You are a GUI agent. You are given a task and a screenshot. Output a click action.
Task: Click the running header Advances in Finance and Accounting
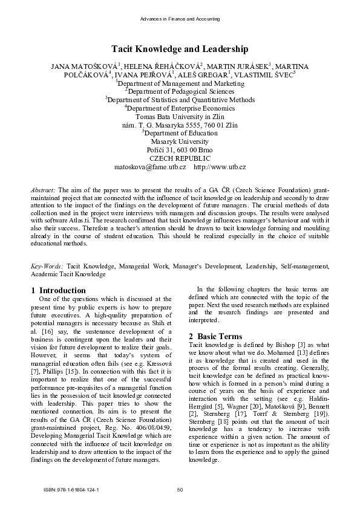point(180,19)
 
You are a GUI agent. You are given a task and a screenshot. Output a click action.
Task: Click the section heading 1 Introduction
point(58,290)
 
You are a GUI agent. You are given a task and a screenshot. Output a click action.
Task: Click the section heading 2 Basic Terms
point(215,336)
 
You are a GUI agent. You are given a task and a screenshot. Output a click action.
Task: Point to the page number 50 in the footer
point(180,490)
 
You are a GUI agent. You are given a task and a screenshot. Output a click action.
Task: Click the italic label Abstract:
point(44,189)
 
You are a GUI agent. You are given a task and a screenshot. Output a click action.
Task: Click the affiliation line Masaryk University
point(180,141)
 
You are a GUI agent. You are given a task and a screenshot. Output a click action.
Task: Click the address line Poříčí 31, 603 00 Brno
point(180,149)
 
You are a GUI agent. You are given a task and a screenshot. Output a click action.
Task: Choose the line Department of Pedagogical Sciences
point(180,91)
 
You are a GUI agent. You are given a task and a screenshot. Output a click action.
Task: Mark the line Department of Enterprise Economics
point(180,108)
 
